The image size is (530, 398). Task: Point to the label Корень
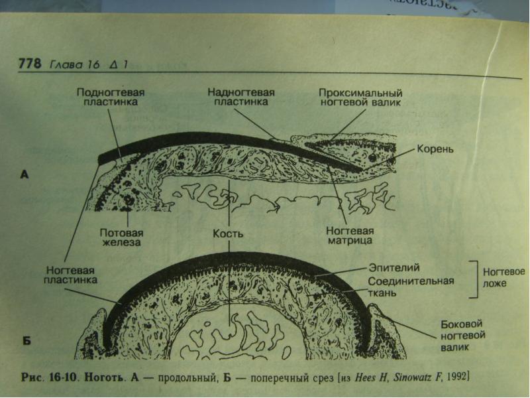(435, 149)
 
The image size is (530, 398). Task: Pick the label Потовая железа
(120, 238)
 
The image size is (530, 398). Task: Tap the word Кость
(229, 234)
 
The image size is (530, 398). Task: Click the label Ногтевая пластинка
(71, 276)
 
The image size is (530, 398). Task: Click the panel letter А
(25, 175)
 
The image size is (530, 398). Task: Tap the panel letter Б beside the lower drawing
(27, 342)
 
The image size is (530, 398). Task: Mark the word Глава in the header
(64, 64)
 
